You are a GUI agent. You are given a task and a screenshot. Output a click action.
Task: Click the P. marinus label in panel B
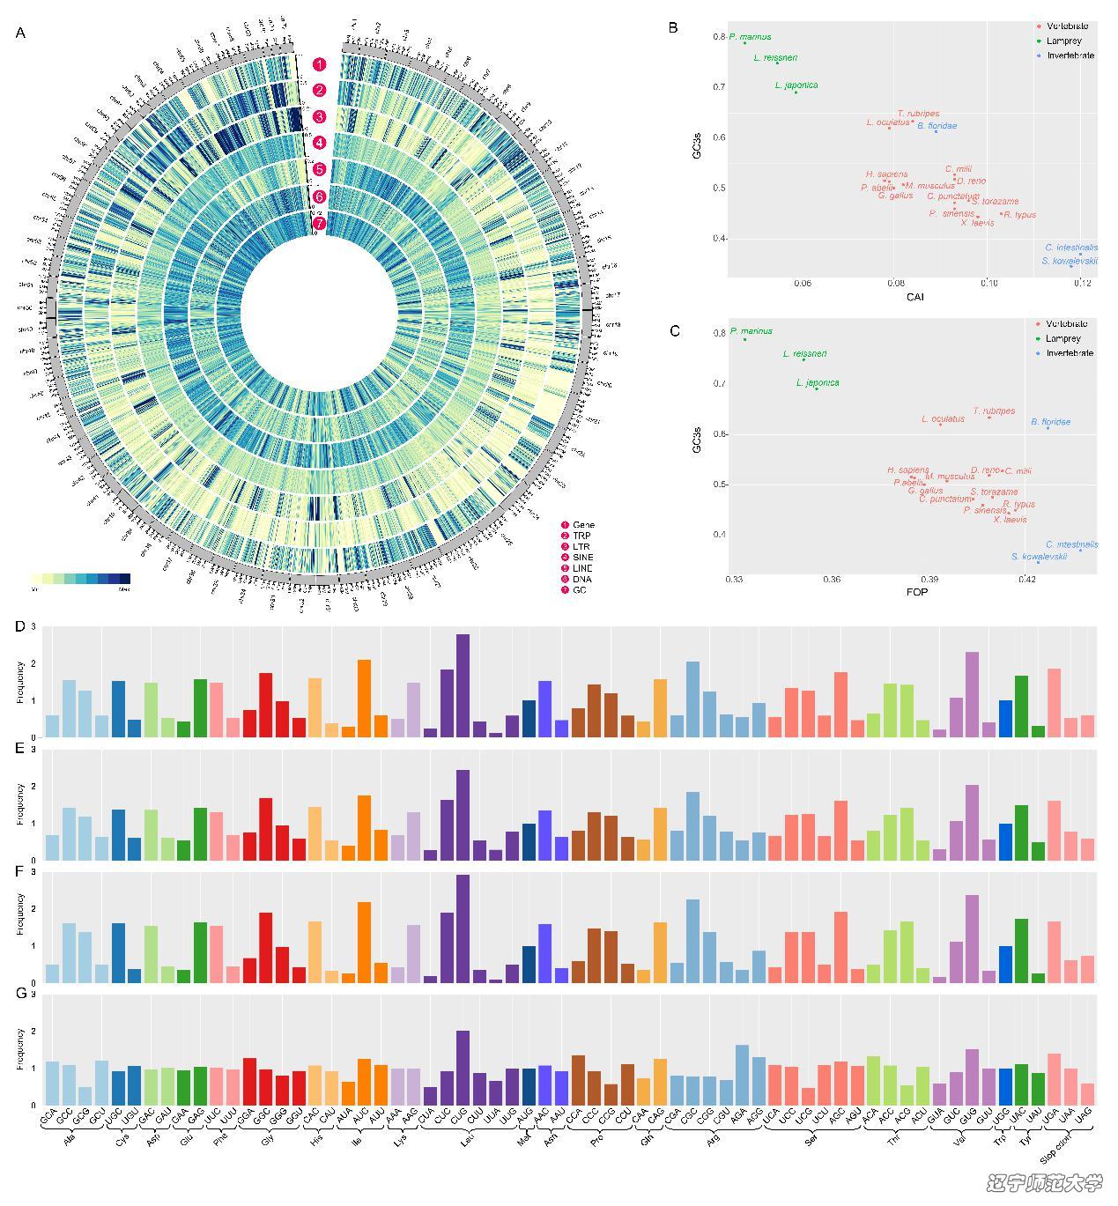750,37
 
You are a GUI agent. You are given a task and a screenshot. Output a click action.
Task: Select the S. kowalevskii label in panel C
1040,557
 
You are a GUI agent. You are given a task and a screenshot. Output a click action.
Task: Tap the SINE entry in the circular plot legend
582,558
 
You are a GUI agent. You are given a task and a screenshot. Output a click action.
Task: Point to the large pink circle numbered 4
319,143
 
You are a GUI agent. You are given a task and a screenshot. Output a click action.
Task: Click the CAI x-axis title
914,297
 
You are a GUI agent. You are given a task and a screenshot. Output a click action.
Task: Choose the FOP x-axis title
916,592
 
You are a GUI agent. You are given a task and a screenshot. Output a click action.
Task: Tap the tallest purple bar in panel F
463,929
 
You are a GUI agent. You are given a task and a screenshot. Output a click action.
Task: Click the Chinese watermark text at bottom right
1045,1183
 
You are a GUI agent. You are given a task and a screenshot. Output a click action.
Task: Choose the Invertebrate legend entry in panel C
1070,353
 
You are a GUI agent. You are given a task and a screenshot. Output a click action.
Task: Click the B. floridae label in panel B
937,126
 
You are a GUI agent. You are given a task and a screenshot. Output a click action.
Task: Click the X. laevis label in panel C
1011,520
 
